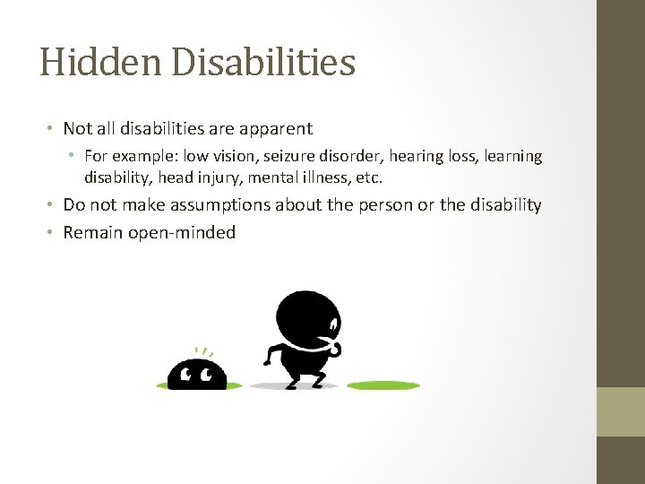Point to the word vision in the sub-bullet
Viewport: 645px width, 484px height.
234,156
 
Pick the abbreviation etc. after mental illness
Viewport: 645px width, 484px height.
368,177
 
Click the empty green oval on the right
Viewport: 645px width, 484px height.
383,386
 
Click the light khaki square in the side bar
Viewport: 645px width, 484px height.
621,411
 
